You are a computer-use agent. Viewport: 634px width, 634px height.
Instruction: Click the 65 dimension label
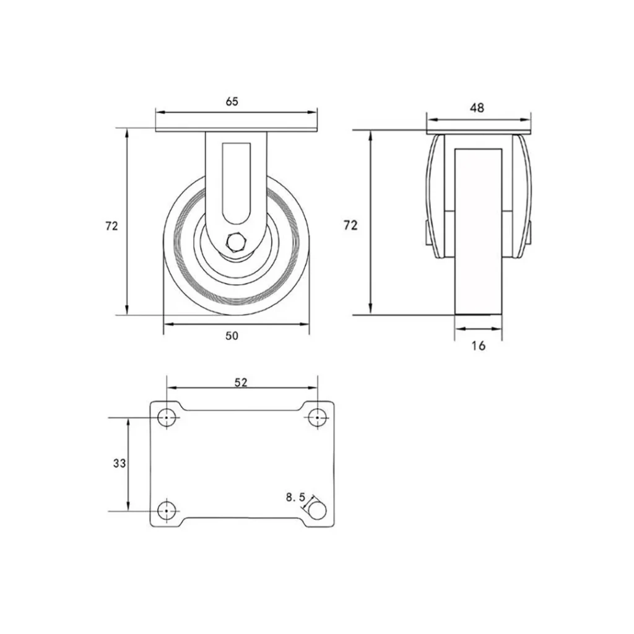click(x=232, y=102)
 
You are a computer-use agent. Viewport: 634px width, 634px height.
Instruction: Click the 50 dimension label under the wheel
click(x=232, y=336)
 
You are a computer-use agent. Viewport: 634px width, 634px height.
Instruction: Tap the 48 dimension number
click(x=477, y=108)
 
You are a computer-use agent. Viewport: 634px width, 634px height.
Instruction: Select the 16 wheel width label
click(x=479, y=345)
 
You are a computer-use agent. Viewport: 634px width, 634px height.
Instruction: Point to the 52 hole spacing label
click(x=241, y=382)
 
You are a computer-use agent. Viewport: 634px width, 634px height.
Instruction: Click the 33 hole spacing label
click(x=119, y=463)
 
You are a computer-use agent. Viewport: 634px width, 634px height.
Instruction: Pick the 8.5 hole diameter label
click(x=295, y=497)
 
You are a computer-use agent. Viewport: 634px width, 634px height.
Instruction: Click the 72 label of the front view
click(x=111, y=227)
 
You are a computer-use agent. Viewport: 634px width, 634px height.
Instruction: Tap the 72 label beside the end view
click(x=350, y=225)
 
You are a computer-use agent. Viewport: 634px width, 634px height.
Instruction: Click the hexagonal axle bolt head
click(x=235, y=242)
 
